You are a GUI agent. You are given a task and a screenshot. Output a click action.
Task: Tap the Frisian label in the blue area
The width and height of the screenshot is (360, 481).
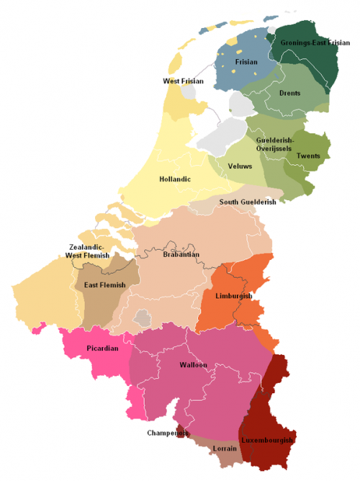(246, 63)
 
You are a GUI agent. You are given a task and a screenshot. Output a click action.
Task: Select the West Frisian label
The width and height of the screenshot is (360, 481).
(183, 81)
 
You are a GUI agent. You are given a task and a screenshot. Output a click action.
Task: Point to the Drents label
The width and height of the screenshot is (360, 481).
(289, 93)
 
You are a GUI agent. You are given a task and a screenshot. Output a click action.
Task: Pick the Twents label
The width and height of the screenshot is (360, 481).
(308, 156)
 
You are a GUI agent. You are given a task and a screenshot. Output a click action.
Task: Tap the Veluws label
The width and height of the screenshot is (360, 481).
(240, 166)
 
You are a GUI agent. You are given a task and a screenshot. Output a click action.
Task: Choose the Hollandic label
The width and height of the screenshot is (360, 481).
(175, 179)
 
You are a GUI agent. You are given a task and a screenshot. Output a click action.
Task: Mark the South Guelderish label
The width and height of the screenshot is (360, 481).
(248, 202)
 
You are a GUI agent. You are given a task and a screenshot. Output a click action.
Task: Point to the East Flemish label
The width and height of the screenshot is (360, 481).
(104, 285)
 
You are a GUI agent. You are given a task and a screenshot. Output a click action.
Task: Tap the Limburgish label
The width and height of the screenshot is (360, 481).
(233, 296)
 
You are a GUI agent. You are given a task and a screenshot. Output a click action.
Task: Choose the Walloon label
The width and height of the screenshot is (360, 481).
(193, 365)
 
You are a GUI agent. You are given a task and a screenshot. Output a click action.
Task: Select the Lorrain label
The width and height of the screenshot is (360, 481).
(224, 448)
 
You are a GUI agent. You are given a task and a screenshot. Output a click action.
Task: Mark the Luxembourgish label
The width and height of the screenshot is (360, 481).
(267, 440)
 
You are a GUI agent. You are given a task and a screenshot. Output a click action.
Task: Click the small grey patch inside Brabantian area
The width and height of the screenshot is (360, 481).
(143, 318)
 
